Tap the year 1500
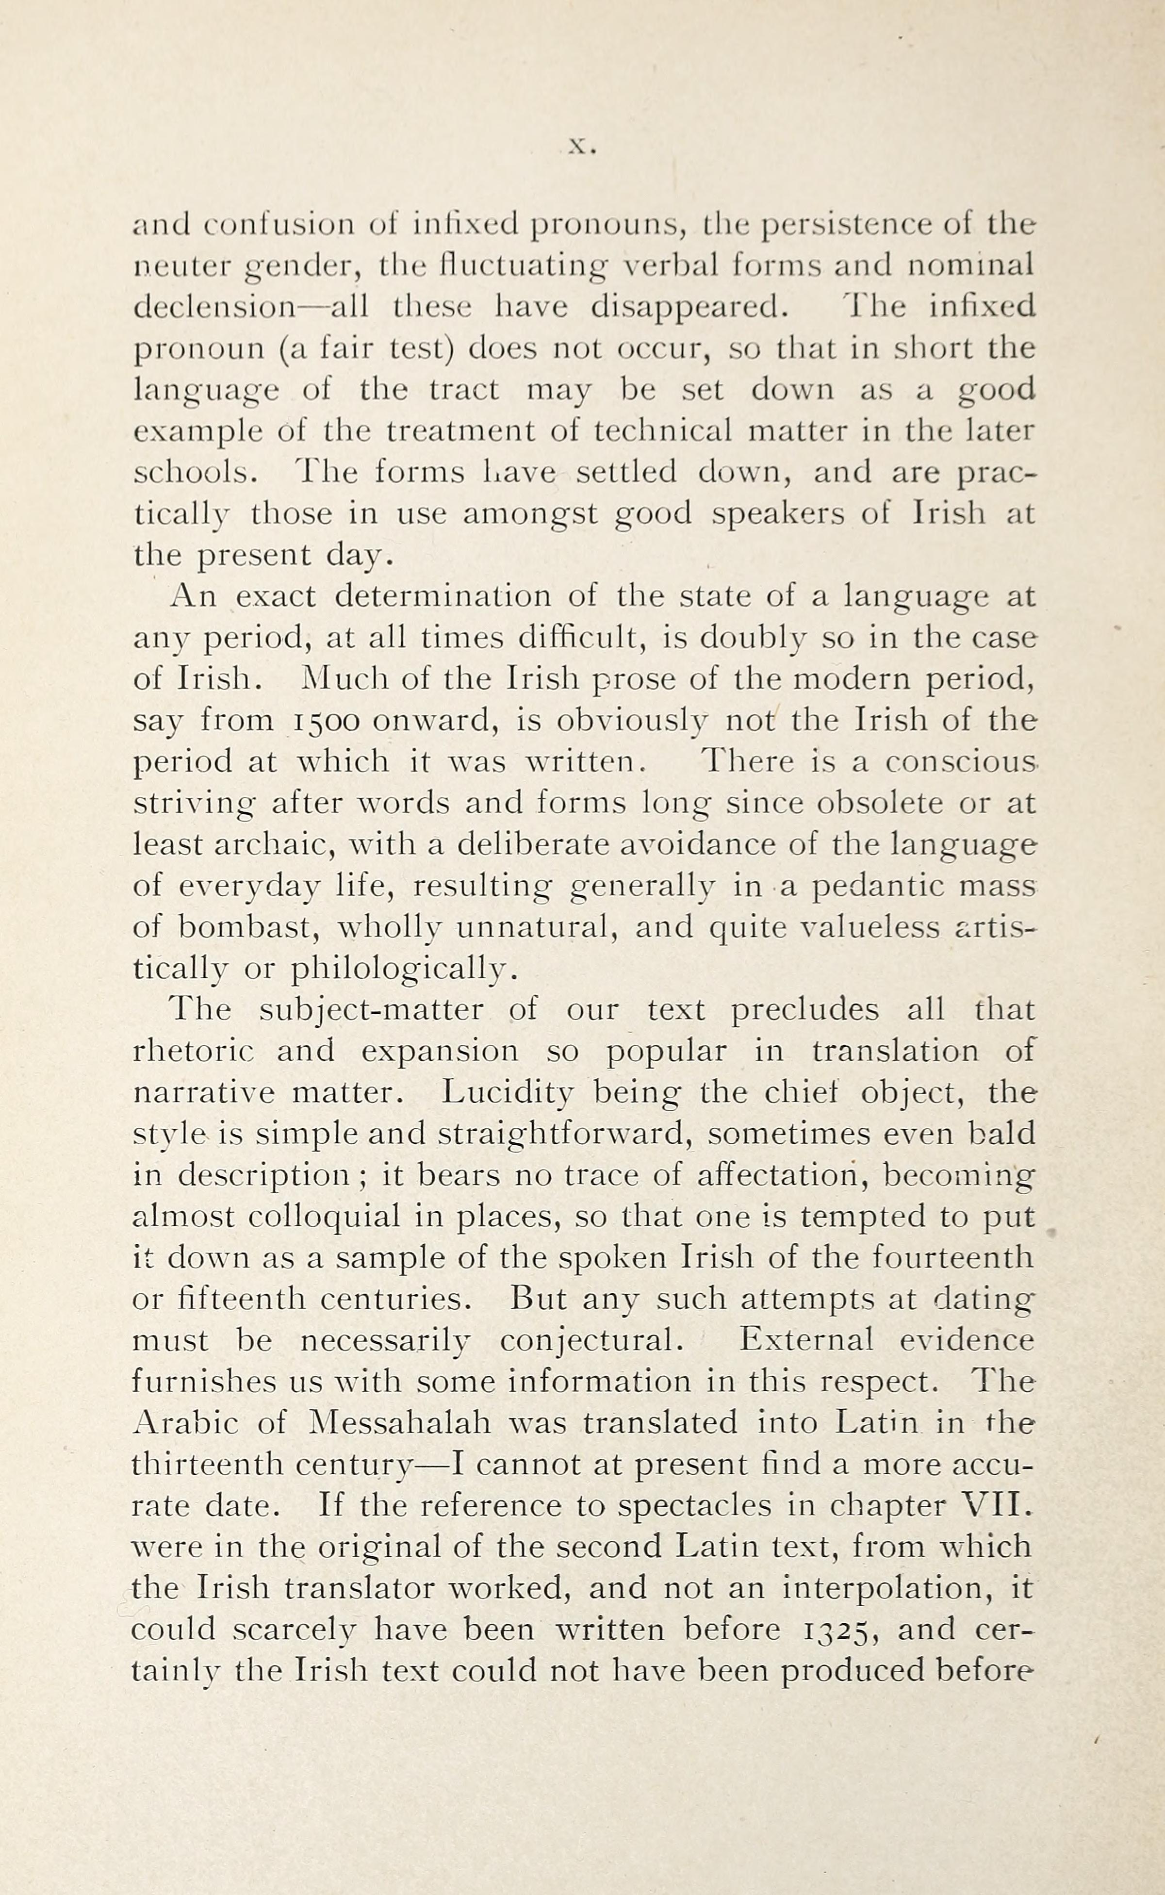click(326, 721)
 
